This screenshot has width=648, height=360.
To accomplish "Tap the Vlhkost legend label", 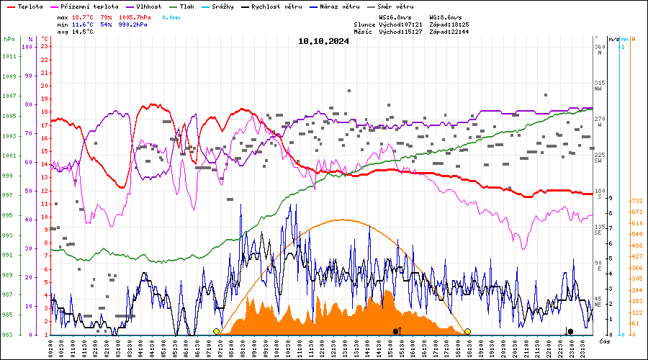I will click(150, 6).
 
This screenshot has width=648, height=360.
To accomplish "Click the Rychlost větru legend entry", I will click(276, 6).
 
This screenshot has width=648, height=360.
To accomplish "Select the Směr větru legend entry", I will click(397, 6).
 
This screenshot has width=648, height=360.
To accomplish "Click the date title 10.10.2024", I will click(323, 41).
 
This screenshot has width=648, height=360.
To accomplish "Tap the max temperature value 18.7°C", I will click(83, 17).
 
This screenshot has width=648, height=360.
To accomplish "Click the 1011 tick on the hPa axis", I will click(9, 56).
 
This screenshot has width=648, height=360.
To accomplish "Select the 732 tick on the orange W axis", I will click(636, 201).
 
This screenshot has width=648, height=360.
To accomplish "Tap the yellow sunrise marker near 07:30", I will click(217, 331).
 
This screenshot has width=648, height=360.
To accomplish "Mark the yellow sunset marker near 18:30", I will click(467, 331).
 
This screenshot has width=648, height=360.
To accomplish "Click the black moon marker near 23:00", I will click(570, 331).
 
